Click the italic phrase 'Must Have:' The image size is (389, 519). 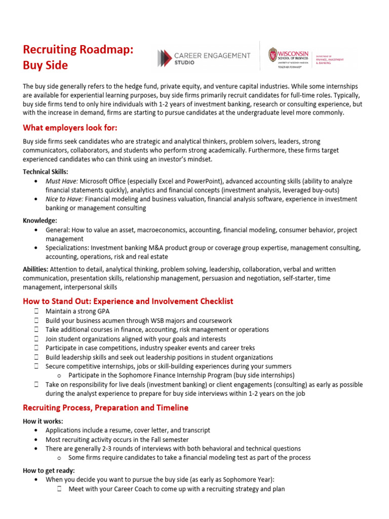point(62,181)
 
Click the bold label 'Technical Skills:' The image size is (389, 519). point(46,172)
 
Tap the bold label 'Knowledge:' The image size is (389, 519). point(40,220)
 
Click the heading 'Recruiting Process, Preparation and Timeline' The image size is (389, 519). point(105,407)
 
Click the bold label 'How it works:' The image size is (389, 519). point(43,421)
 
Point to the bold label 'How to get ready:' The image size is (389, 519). point(49,471)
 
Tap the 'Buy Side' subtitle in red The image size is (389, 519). point(45,66)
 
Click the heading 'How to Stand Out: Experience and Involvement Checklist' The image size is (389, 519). point(128,301)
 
